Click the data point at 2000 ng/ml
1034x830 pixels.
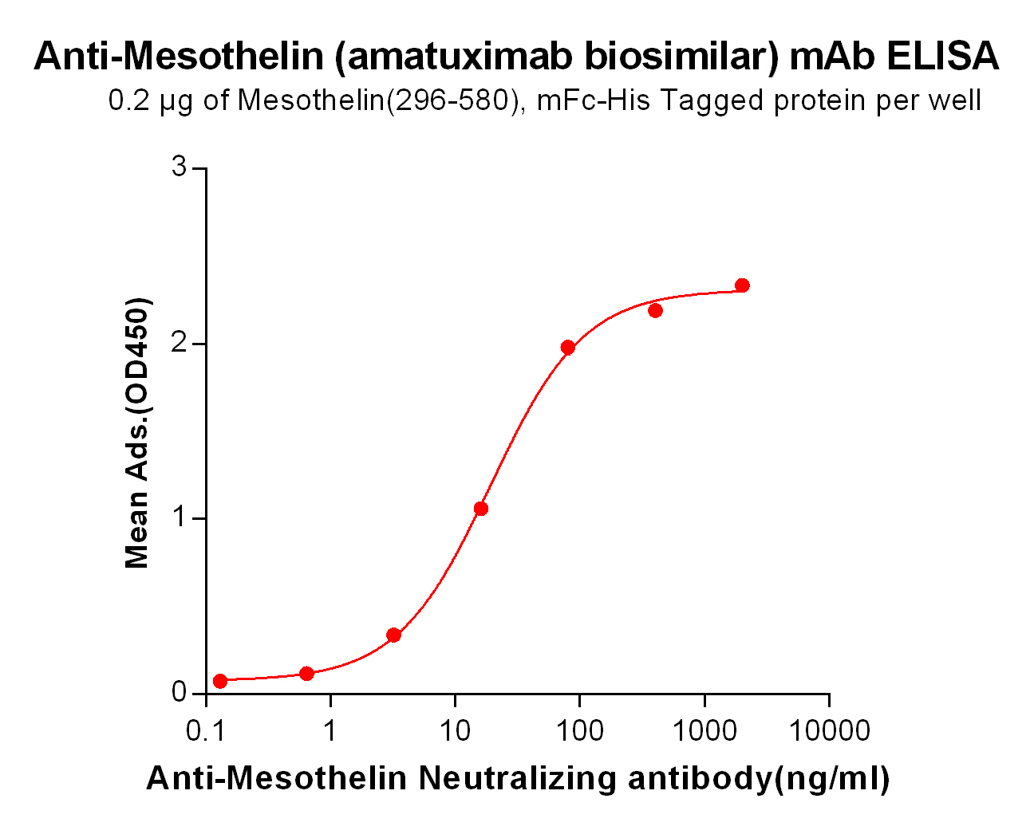[742, 285]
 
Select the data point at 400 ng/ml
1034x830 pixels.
[655, 310]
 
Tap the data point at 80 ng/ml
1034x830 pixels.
[568, 347]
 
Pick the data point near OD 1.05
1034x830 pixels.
[480, 509]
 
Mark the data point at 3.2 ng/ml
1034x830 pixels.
[393, 635]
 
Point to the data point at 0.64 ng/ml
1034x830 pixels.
[306, 673]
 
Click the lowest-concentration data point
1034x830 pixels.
[220, 681]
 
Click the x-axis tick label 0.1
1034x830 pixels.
[205, 730]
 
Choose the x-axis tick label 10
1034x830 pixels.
[455, 730]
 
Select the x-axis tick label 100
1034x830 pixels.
[579, 730]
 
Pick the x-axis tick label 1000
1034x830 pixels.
[704, 730]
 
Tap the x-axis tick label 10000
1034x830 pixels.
[829, 730]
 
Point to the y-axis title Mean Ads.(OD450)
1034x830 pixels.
[137, 433]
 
